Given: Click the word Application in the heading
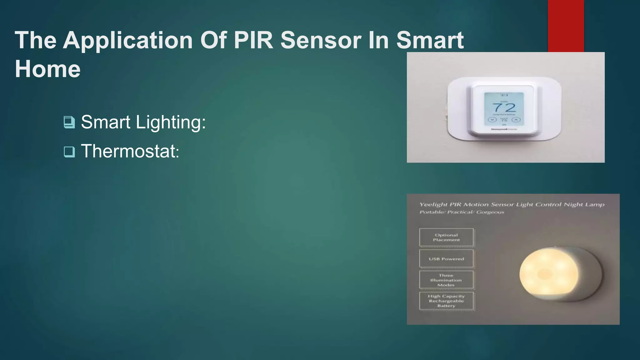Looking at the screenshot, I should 128,41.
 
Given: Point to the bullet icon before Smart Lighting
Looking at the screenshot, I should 69,122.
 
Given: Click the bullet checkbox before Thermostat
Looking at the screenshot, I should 69,152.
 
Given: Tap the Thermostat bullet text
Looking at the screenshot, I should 130,151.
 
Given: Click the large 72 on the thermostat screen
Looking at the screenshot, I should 504,108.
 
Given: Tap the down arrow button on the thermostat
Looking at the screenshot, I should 492,120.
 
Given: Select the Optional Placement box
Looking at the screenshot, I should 446,237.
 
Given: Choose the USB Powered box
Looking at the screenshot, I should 446,259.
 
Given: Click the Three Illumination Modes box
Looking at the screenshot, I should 446,280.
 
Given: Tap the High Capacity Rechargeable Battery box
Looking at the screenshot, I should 446,301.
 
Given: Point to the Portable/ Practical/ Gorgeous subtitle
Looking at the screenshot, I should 462,212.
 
